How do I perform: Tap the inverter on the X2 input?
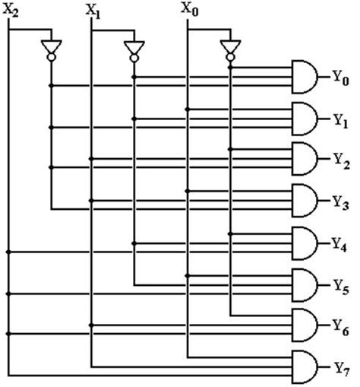[51, 49]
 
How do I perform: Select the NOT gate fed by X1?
[134, 49]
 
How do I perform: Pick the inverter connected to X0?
[229, 49]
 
